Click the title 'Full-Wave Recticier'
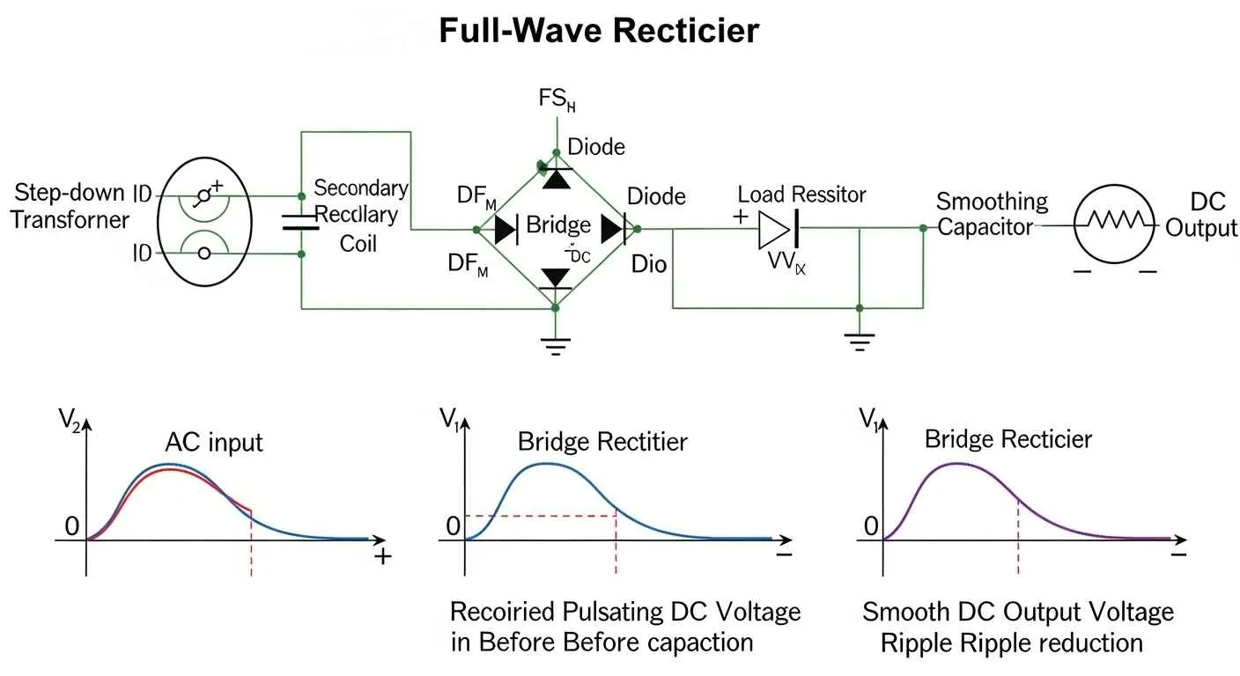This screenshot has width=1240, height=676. (x=598, y=31)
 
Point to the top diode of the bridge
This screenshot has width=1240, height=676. (x=555, y=177)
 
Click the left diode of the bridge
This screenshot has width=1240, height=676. (x=506, y=229)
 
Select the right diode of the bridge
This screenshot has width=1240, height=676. (x=613, y=229)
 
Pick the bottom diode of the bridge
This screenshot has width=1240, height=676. (x=555, y=279)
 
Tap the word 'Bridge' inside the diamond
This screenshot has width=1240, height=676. (x=558, y=224)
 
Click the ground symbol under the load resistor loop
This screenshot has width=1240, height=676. (x=859, y=341)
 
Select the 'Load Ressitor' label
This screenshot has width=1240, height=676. (x=801, y=195)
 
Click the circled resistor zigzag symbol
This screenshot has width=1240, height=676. (x=1115, y=226)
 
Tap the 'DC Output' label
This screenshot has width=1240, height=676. (x=1201, y=216)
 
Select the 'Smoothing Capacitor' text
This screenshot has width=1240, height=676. (x=992, y=215)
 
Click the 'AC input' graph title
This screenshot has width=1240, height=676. (x=214, y=442)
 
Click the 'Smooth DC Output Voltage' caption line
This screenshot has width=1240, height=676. (x=1017, y=612)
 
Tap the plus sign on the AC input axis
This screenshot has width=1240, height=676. (x=382, y=557)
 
